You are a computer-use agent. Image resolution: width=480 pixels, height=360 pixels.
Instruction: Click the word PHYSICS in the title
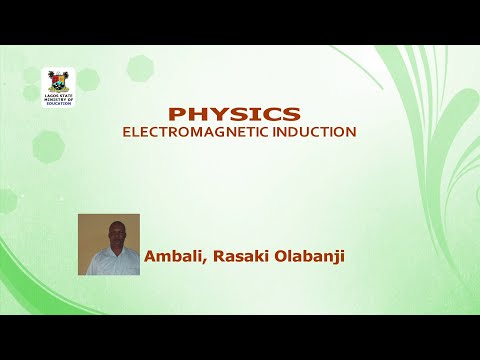[x=233, y=113]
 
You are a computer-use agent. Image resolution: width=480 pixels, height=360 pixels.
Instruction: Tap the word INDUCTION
[x=311, y=131]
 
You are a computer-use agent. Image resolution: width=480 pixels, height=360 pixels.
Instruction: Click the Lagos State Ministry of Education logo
[x=58, y=87]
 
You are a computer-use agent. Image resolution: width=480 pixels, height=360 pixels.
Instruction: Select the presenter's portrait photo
[x=108, y=244]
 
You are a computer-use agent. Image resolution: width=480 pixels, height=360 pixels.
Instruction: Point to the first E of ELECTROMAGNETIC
[x=126, y=131]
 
